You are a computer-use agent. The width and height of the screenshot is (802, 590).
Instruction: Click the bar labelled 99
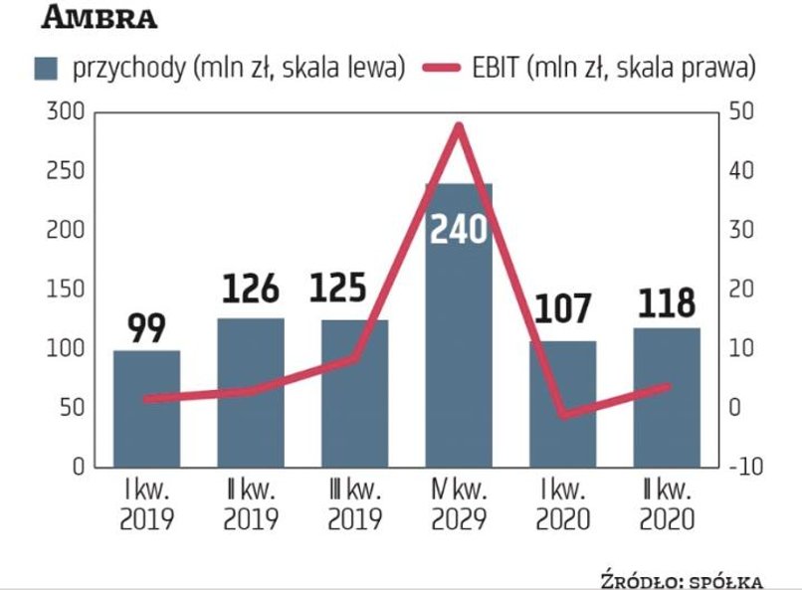pyautogui.click(x=147, y=408)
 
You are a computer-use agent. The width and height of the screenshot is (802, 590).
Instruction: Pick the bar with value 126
pyautogui.click(x=251, y=393)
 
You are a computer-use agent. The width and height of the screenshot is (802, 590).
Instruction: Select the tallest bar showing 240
pyautogui.click(x=459, y=328)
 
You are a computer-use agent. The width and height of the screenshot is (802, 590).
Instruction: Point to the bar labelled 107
pyautogui.click(x=562, y=403)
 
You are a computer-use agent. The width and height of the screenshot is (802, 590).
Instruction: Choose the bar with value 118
pyautogui.click(x=666, y=398)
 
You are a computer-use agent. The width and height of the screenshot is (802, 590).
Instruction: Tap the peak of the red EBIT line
pyautogui.click(x=459, y=125)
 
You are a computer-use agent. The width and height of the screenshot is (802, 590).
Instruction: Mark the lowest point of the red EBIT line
pyautogui.click(x=562, y=414)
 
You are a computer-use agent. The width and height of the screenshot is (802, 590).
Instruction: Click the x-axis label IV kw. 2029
pyautogui.click(x=459, y=504)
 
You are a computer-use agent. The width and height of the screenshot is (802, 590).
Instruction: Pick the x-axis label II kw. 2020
pyautogui.click(x=666, y=504)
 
